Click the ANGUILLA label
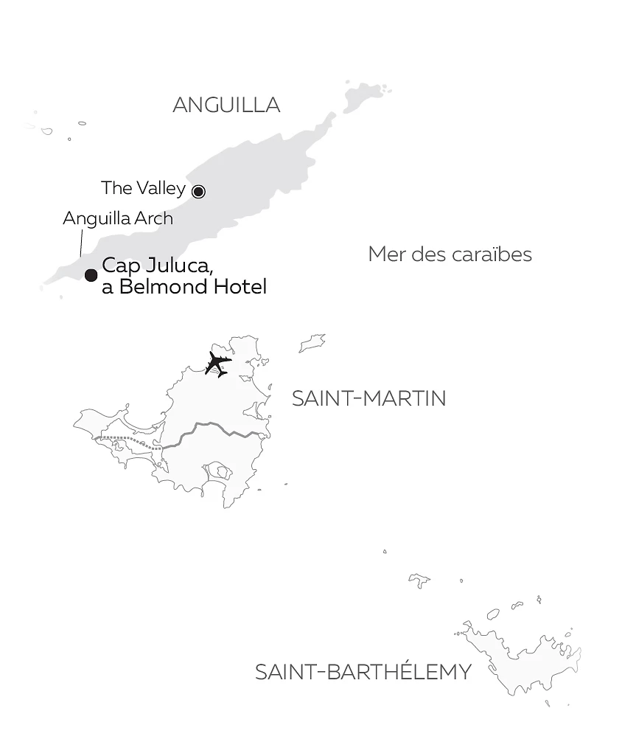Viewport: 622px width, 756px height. click(x=226, y=105)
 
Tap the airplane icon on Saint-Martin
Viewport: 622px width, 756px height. click(x=218, y=364)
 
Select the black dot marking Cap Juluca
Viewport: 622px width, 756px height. click(x=91, y=275)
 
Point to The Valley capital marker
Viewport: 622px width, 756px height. click(x=198, y=191)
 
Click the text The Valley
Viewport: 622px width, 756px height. click(x=143, y=188)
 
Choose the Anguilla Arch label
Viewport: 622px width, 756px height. click(x=118, y=218)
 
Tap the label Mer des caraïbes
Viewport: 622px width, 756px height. click(x=450, y=255)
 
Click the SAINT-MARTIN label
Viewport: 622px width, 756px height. click(x=368, y=398)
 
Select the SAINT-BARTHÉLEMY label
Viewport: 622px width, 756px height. click(x=363, y=673)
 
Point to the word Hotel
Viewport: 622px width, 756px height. click(x=240, y=287)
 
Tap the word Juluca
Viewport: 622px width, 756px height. click(x=175, y=266)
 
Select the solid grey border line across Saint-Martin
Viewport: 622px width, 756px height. click(x=214, y=428)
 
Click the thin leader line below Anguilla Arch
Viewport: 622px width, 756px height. click(x=80, y=243)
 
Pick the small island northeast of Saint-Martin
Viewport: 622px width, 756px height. click(x=312, y=342)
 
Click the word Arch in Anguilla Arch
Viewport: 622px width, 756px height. click(x=156, y=218)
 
